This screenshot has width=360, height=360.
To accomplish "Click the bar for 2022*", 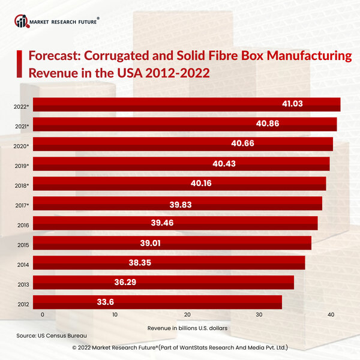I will click(186, 104).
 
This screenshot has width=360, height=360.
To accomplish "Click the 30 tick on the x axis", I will click(259, 315).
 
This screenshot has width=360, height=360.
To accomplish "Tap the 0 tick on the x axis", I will click(43, 315).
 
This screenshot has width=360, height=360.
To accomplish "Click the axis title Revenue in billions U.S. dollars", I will click(187, 328).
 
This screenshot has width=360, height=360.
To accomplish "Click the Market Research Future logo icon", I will click(22, 22).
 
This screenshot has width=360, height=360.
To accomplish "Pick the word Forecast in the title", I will click(55, 57).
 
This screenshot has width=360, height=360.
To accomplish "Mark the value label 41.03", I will click(292, 104).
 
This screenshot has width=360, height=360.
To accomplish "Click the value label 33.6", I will click(106, 302).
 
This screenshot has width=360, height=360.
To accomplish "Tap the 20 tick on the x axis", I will click(187, 315).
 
